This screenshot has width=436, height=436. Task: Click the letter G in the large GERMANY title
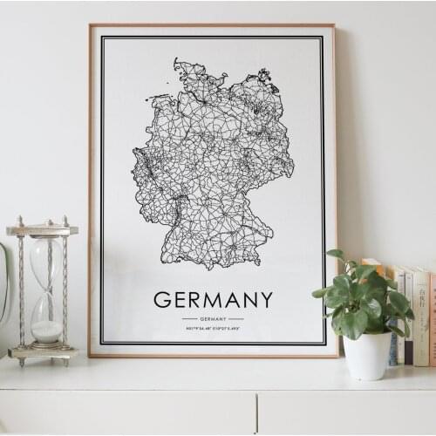coord(162,300)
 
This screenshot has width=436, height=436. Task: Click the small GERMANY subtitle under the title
coord(213,319)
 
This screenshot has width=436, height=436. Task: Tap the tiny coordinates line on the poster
coord(213,328)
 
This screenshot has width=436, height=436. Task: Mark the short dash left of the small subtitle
coord(189,319)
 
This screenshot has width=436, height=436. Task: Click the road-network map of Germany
coord(213,166)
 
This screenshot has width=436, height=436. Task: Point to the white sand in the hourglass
coord(47,331)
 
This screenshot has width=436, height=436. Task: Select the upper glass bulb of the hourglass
coord(47,262)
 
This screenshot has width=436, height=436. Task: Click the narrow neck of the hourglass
coord(47,295)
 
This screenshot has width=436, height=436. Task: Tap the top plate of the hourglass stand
coord(42,230)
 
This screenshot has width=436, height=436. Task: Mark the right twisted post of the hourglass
coord(65,292)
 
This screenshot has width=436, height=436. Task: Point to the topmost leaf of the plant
coord(336,255)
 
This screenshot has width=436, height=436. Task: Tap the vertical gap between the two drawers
coord(257,413)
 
